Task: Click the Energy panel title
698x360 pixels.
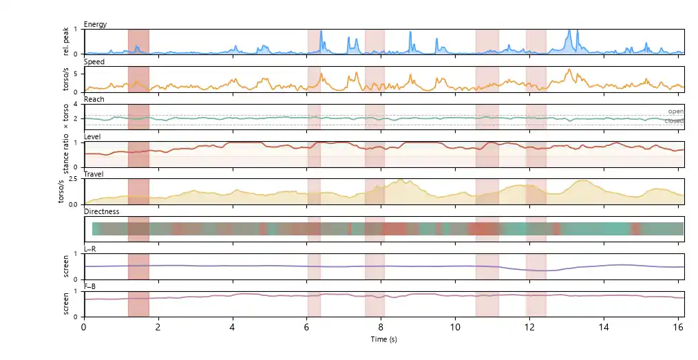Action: point(95,24)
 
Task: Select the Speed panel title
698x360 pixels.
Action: point(94,61)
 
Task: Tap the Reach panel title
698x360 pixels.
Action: point(94,99)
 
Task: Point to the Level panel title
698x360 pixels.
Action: point(92,136)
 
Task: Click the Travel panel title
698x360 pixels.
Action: point(94,174)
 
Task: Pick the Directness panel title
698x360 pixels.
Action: point(102,211)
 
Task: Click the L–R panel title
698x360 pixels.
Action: point(90,248)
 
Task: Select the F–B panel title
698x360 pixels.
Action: point(90,286)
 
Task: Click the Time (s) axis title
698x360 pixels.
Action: point(383,339)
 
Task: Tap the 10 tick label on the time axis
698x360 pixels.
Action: point(455,327)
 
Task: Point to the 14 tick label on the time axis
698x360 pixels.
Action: point(604,327)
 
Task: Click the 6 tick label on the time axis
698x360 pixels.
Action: point(307,327)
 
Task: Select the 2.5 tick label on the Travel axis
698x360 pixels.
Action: point(73,179)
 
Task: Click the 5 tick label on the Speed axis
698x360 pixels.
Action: point(76,74)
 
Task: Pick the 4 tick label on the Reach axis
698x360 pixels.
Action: point(76,104)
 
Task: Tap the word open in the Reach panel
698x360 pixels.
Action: point(676,112)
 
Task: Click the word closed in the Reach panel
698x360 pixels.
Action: point(674,121)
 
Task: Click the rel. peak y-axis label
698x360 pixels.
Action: point(66,41)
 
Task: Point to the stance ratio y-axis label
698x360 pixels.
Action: point(66,154)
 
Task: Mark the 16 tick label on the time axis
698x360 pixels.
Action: point(678,327)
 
